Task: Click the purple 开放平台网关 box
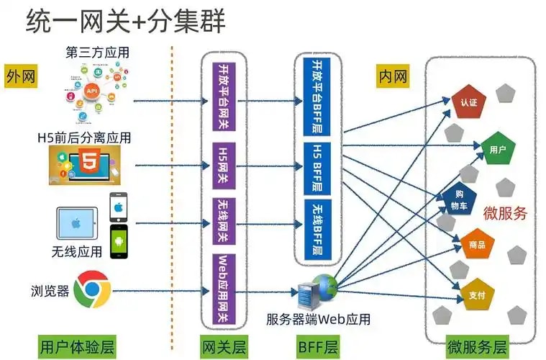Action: (x=224, y=96)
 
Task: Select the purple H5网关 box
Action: (x=224, y=166)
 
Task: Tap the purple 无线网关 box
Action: (x=224, y=221)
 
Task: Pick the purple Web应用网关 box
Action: (x=224, y=289)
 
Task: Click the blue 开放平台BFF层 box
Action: (x=317, y=96)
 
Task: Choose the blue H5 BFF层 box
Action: (x=317, y=168)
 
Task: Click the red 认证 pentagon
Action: (x=468, y=102)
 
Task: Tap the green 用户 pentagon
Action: (x=498, y=148)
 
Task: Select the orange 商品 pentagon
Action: (x=477, y=244)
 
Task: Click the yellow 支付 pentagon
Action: (x=477, y=294)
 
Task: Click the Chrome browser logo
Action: (x=93, y=289)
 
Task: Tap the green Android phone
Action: (x=119, y=242)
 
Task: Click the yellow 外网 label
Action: (x=21, y=76)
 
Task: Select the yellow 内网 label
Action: (x=393, y=76)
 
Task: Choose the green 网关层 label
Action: (x=224, y=347)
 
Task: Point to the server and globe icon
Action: (x=317, y=292)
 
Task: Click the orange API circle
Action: (x=91, y=91)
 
